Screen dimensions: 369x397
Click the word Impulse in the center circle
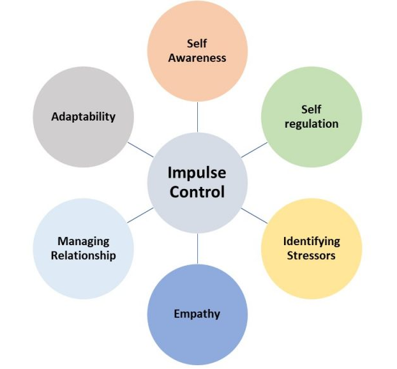click(x=197, y=172)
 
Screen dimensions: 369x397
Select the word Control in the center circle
click(x=197, y=191)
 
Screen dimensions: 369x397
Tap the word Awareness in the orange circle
click(x=197, y=57)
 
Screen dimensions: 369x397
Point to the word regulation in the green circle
click(x=311, y=123)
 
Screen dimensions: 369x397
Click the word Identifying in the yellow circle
click(x=311, y=241)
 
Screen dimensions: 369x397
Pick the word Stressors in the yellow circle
click(x=311, y=255)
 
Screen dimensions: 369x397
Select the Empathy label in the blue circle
click(x=197, y=313)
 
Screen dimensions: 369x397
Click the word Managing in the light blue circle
click(x=84, y=241)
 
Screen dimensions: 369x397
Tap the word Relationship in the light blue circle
click(x=84, y=255)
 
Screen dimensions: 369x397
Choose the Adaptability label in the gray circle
click(x=84, y=116)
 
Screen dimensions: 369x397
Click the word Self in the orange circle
click(x=197, y=43)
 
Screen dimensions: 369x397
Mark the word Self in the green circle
click(x=311, y=109)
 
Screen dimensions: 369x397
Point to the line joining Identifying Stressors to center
click(x=254, y=215)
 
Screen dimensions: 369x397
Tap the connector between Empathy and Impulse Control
click(x=197, y=248)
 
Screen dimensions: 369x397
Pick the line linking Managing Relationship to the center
click(x=140, y=215)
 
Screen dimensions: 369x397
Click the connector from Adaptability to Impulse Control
click(x=140, y=149)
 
